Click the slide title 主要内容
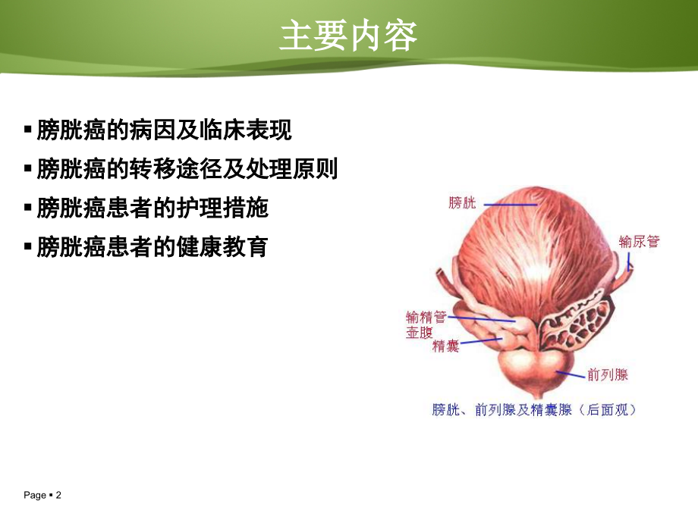tap(348, 36)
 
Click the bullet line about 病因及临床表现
tap(164, 130)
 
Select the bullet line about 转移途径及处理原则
tap(187, 168)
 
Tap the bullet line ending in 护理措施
tap(152, 208)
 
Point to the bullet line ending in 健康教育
tap(152, 246)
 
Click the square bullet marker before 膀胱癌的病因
tap(28, 130)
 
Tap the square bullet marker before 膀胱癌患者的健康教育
tap(28, 246)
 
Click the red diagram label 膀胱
tap(463, 202)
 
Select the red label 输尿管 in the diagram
tap(640, 242)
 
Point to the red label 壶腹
tap(419, 332)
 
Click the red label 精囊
tap(445, 346)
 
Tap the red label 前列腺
tap(607, 374)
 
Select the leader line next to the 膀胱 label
tap(510, 203)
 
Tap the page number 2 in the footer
tap(58, 495)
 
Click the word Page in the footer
tap(35, 495)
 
